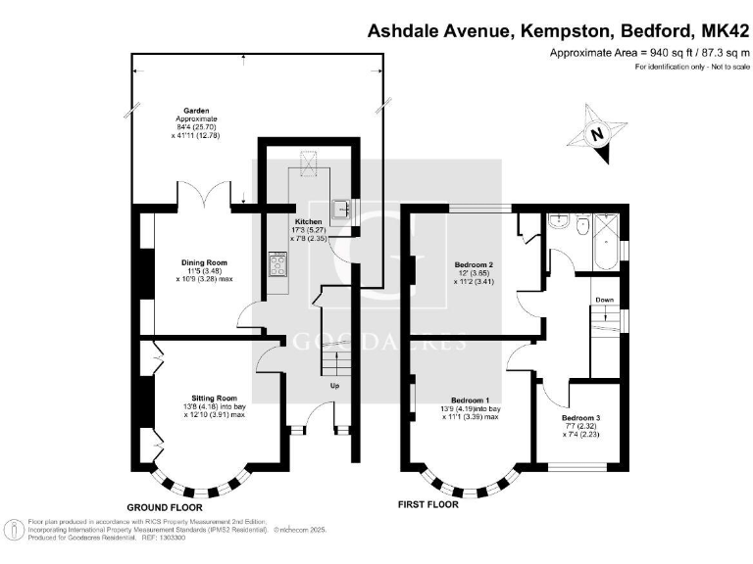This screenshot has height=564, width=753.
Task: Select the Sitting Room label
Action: click(215, 399)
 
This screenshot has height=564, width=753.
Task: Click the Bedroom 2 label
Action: click(474, 265)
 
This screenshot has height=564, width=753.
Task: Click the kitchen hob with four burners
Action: click(278, 264)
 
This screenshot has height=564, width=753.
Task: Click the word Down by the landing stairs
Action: click(606, 301)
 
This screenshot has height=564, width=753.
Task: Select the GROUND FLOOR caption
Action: click(164, 508)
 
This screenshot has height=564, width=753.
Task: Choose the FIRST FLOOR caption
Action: click(427, 505)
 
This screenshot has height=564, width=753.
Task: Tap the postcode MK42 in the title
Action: click(721, 30)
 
